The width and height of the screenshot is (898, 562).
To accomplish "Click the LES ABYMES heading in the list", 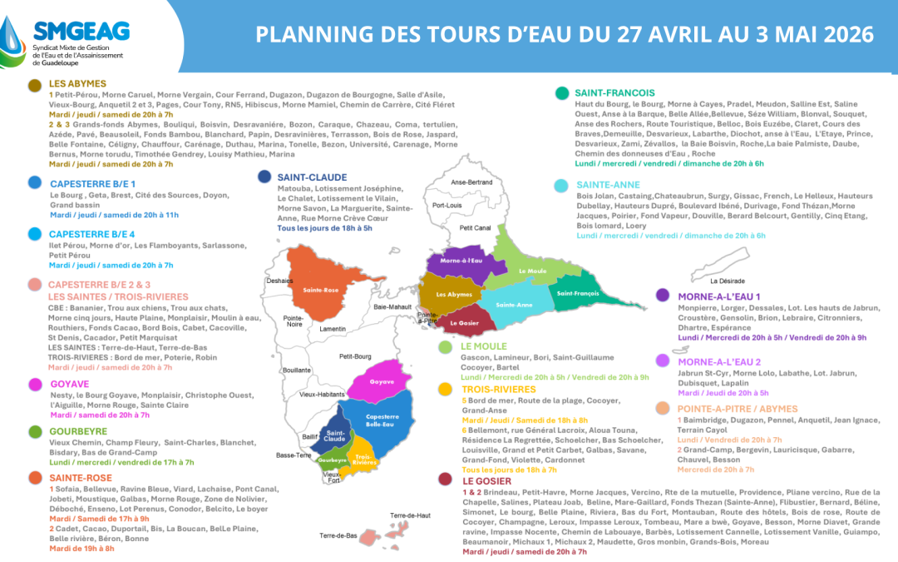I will (x=77, y=84).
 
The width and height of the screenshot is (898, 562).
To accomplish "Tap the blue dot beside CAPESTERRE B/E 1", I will (x=35, y=182).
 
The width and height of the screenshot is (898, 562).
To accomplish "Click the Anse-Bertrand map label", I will (x=471, y=182).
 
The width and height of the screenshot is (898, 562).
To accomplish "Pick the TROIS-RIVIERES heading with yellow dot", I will (x=500, y=388).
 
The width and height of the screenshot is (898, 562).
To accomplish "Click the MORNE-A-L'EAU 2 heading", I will (x=718, y=361).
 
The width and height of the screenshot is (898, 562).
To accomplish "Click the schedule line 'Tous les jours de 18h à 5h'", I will (x=325, y=226).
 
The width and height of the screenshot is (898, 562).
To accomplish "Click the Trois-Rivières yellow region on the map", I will (x=363, y=457).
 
